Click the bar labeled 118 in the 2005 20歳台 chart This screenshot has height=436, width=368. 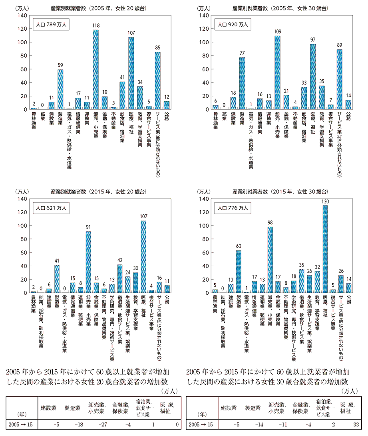point(95,70)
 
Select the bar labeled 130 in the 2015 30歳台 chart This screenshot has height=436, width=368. point(325,249)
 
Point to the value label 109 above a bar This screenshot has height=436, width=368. point(277,32)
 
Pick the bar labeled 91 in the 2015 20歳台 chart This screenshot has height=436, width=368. point(88,262)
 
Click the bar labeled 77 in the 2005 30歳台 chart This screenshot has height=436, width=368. point(242,83)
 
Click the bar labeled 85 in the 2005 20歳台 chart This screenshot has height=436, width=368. point(157,81)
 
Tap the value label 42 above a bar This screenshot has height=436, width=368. point(119,260)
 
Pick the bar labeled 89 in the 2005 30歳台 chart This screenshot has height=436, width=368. point(339,79)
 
